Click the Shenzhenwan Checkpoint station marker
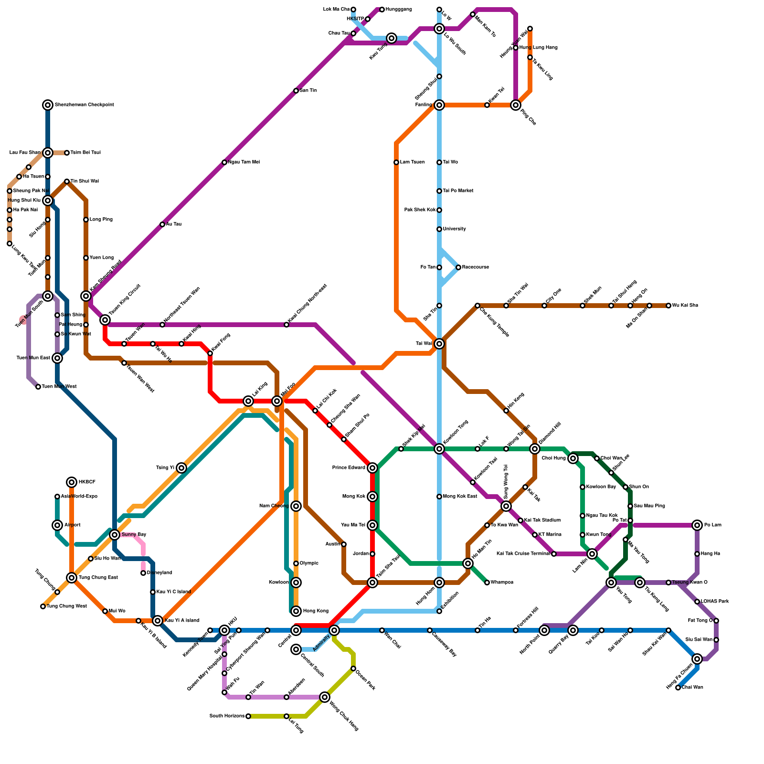[48, 105]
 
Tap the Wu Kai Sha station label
[685, 306]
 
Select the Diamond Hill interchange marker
[535, 449]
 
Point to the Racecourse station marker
[458, 267]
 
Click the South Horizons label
[227, 716]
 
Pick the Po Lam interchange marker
[697, 525]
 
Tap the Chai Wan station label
[692, 688]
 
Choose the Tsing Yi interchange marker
[181, 468]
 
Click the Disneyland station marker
[143, 573]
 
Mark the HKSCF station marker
[72, 482]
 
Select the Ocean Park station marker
[353, 668]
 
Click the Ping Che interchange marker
[516, 105]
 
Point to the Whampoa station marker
[487, 583]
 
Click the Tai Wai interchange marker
[439, 344]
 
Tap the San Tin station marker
[296, 91]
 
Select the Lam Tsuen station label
[412, 162]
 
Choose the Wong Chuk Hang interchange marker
[325, 697]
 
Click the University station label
[454, 229]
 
